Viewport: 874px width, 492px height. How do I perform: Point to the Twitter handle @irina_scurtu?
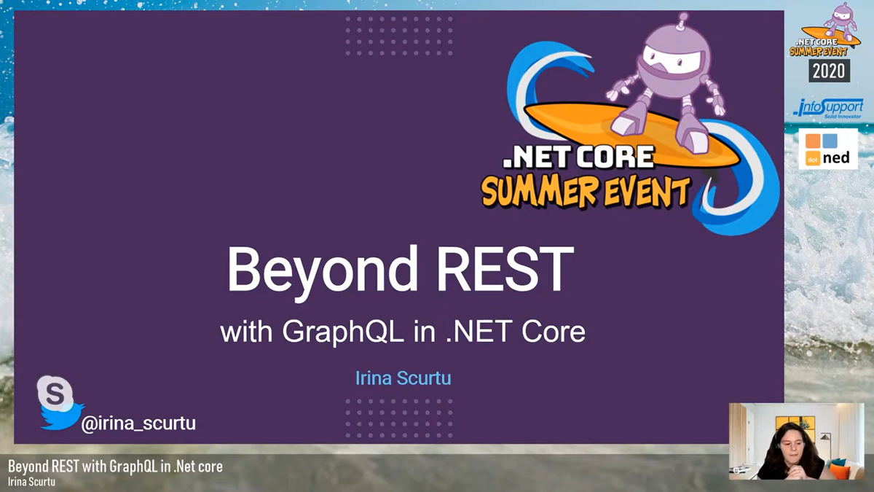tap(138, 423)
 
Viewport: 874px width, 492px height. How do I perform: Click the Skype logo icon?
tap(55, 394)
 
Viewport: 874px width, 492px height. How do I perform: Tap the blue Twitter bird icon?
tap(63, 416)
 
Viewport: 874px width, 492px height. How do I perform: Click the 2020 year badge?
tap(829, 70)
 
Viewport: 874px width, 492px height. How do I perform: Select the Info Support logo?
tap(828, 108)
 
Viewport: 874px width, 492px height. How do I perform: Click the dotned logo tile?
tap(828, 149)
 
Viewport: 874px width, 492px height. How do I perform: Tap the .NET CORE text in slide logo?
tap(578, 157)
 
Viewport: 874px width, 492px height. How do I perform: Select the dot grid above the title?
tap(398, 35)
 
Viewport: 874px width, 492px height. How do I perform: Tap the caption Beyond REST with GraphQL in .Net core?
tap(115, 466)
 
